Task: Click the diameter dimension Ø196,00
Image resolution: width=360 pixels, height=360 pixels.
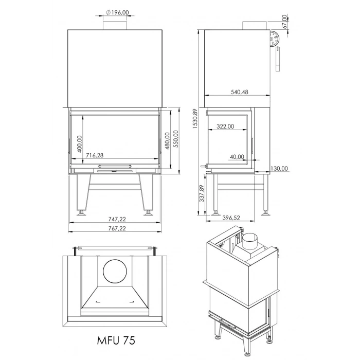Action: [x=116, y=12]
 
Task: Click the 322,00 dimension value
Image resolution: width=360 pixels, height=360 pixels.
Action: [x=225, y=127]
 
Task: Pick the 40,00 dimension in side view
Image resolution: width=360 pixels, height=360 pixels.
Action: [x=238, y=157]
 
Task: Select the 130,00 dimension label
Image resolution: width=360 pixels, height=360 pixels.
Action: [x=281, y=168]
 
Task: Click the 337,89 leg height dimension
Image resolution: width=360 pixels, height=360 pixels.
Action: [x=201, y=194]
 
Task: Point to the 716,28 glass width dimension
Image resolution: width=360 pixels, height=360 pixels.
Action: [x=95, y=155]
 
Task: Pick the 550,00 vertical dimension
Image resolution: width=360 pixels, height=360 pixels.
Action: [x=175, y=139]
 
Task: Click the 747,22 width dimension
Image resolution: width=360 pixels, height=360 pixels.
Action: [x=114, y=219]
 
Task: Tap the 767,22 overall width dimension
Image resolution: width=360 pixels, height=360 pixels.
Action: [x=114, y=228]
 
